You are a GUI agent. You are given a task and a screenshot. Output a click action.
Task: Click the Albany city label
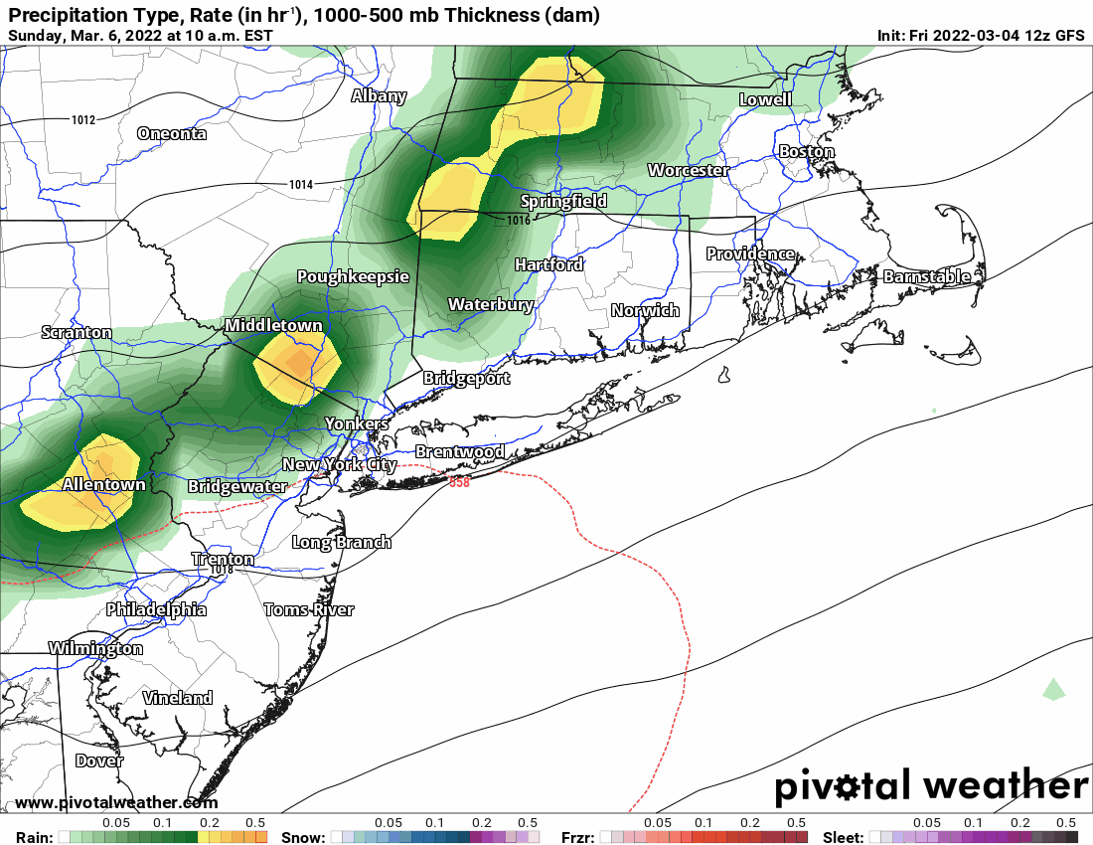click(379, 96)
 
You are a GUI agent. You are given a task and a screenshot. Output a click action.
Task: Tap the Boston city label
click(806, 152)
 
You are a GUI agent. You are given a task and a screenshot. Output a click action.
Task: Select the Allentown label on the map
click(103, 485)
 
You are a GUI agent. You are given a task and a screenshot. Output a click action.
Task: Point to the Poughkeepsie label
click(353, 277)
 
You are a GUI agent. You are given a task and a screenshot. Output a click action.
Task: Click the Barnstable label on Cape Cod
click(926, 276)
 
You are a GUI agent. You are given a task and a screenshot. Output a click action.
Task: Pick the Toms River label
click(309, 609)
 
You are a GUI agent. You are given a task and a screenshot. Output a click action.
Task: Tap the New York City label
click(339, 464)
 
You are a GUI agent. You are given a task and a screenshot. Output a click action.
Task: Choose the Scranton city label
click(77, 332)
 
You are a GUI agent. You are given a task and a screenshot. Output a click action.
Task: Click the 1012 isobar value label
click(83, 120)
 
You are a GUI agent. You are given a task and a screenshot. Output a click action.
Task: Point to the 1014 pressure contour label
click(301, 185)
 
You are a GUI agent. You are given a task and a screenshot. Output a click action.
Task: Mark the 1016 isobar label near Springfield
click(519, 220)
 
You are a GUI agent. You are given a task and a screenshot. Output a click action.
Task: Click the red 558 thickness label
click(459, 483)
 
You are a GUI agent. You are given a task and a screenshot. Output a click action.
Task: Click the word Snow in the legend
click(303, 837)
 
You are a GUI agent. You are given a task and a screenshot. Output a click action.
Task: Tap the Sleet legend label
click(843, 837)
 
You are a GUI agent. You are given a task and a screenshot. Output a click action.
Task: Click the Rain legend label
click(30, 837)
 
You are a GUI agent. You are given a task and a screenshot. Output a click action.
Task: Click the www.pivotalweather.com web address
click(116, 802)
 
